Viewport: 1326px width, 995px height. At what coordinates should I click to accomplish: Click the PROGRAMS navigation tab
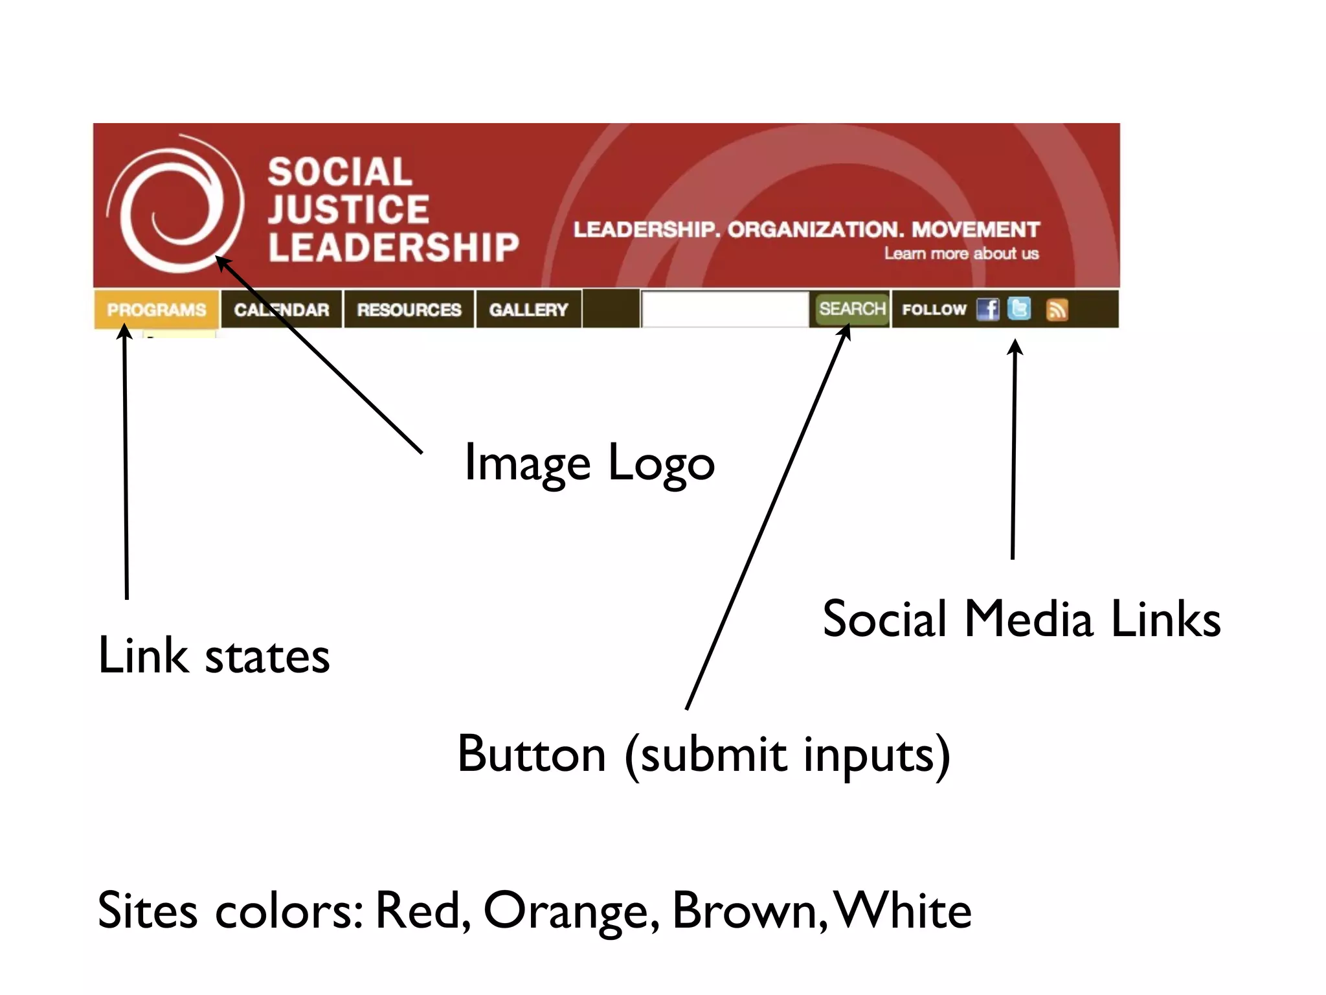pos(156,310)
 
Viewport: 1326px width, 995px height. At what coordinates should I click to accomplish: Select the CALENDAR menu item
pos(282,310)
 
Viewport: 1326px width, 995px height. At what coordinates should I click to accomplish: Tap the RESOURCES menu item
pos(409,310)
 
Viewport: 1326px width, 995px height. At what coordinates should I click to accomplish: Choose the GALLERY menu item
pos(528,310)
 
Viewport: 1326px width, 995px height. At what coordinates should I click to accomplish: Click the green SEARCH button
pos(851,309)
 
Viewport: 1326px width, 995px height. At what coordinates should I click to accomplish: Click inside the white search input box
pos(725,309)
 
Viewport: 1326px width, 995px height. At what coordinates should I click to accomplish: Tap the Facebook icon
pos(988,309)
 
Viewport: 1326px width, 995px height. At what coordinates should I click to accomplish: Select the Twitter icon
pos(1019,308)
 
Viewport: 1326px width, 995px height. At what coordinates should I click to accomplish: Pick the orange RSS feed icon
pos(1057,310)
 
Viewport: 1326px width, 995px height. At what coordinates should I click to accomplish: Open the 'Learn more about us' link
pos(961,253)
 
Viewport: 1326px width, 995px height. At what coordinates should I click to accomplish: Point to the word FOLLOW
pos(934,310)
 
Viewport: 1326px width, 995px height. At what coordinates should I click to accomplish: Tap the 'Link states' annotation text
pos(214,656)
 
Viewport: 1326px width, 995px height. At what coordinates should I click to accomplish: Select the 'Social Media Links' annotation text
pos(1021,619)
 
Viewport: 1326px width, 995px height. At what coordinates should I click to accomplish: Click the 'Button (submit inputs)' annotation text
pos(704,755)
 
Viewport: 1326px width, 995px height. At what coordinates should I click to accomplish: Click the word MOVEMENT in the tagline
pos(975,229)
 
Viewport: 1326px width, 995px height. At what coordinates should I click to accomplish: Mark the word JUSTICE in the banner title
pos(348,209)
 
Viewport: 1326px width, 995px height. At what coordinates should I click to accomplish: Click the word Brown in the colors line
pos(749,911)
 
